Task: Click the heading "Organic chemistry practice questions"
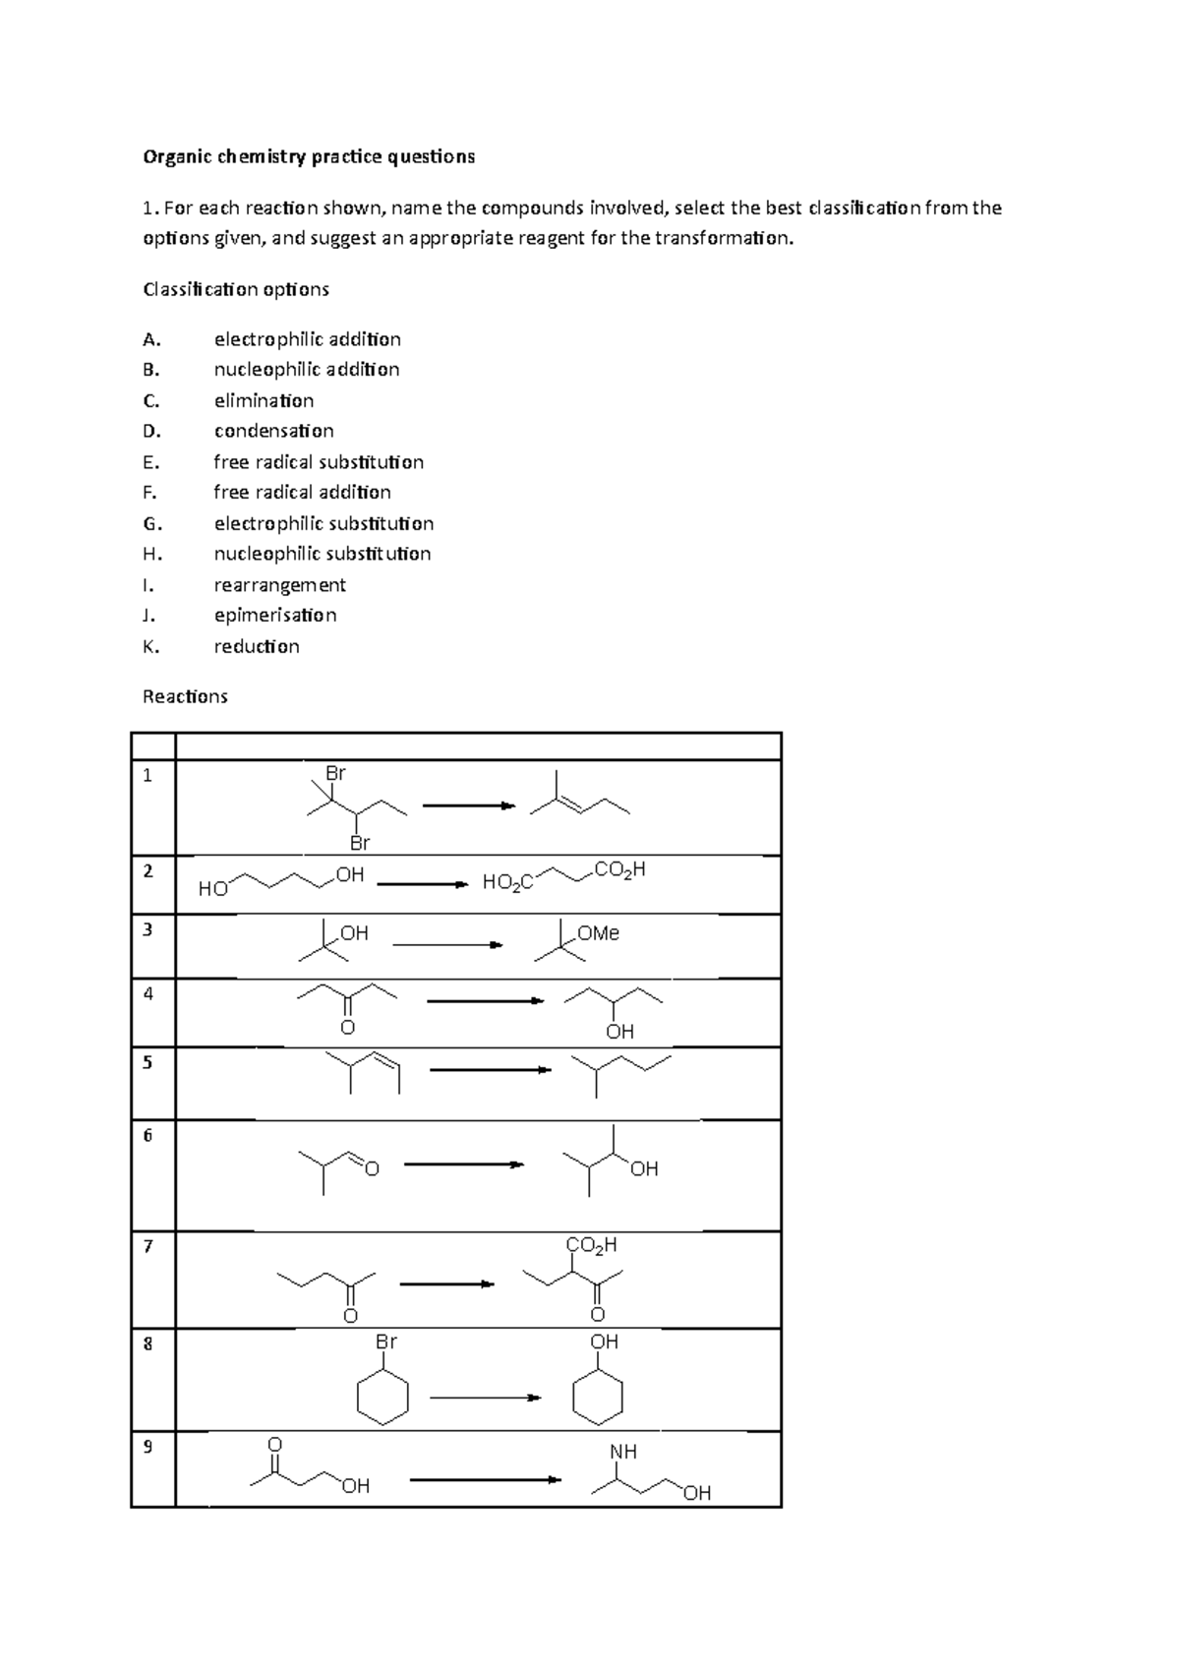(x=309, y=156)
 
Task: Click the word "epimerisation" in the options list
(x=275, y=616)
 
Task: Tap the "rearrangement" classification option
(x=279, y=585)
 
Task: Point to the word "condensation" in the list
(x=273, y=431)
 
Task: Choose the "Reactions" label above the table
(x=185, y=696)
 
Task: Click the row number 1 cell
(x=147, y=775)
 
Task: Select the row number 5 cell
(x=147, y=1062)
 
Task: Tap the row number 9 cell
(x=147, y=1446)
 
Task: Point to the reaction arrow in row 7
(x=446, y=1283)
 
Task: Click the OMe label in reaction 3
(x=598, y=933)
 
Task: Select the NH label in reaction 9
(x=623, y=1452)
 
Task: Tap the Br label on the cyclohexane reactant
(x=385, y=1342)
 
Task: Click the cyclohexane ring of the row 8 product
(x=598, y=1398)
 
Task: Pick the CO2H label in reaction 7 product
(x=592, y=1245)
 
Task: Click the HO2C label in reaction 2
(x=507, y=883)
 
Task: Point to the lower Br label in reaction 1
(x=360, y=843)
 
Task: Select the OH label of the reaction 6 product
(x=644, y=1168)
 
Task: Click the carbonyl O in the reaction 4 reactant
(x=346, y=1028)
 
